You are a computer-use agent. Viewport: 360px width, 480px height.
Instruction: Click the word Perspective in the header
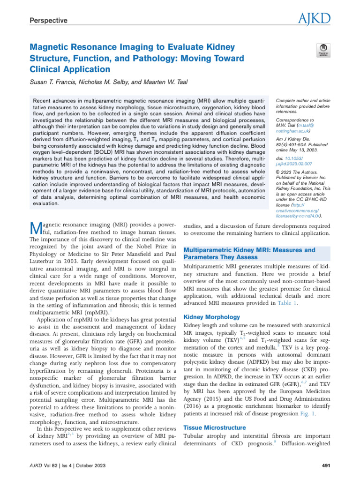(49, 21)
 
